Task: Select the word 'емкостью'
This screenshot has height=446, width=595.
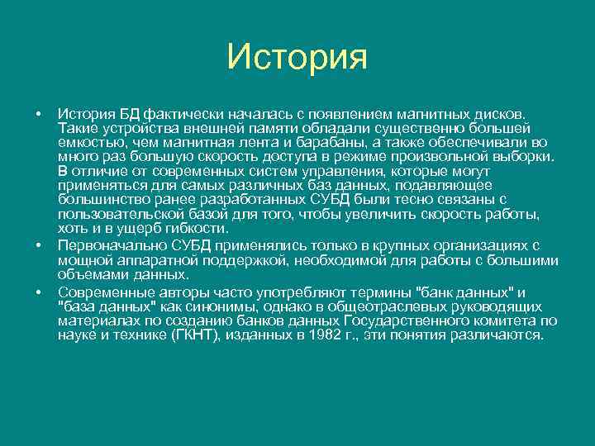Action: click(88, 142)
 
